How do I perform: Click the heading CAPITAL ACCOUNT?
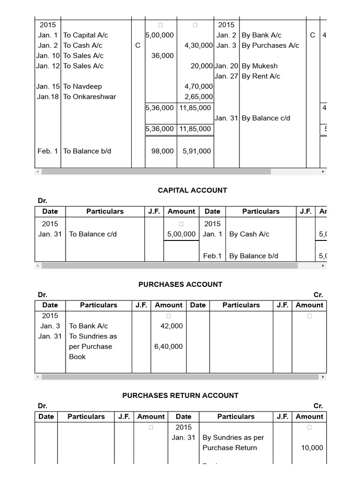192,190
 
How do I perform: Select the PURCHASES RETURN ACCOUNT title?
180,395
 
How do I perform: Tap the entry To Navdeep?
82,86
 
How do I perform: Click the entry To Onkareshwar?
90,97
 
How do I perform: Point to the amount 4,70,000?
199,86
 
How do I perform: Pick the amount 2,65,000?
199,97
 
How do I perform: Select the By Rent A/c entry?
261,76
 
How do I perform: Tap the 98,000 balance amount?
162,151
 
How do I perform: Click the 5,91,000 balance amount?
196,151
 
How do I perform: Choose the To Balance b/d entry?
87,151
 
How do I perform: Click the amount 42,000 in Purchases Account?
172,326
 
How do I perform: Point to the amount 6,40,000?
168,346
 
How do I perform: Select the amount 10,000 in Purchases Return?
312,448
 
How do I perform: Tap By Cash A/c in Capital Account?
249,234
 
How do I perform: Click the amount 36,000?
162,56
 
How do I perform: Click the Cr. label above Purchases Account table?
318,295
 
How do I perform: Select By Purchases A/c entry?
270,45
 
